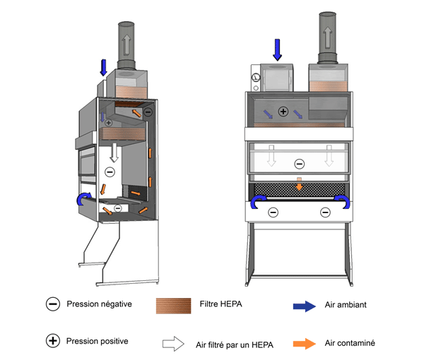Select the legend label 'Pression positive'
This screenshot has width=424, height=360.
coord(97,341)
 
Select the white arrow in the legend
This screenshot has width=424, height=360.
coord(173,344)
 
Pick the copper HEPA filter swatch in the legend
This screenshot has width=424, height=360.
coord(174,306)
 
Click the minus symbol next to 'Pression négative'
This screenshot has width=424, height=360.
coord(53,305)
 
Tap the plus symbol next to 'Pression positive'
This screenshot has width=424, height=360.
coord(53,341)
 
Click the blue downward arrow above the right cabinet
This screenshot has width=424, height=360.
coord(277,49)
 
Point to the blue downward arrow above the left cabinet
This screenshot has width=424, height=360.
coord(104,67)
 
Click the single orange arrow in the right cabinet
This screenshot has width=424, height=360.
coord(300,185)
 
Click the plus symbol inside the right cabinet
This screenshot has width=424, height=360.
coord(283,112)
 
